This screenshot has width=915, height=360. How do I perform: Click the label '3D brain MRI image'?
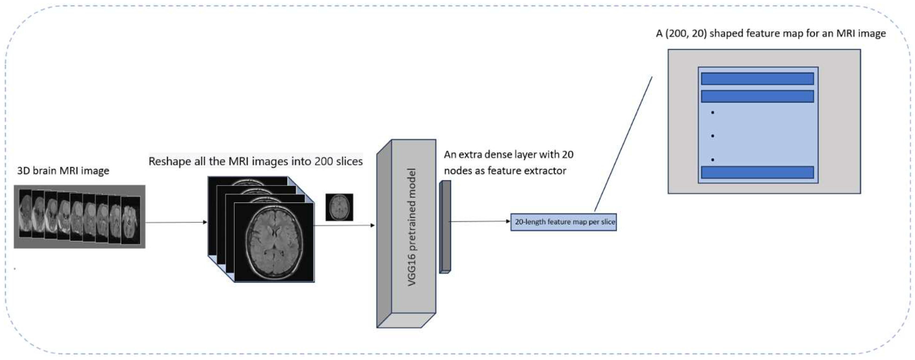63,171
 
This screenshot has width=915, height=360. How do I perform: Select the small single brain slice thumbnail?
339,207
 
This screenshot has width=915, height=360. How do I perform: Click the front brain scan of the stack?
274,242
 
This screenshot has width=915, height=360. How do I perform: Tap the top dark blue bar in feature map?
757,79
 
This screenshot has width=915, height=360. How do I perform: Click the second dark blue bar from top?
757,96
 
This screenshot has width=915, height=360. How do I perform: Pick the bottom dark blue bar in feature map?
757,172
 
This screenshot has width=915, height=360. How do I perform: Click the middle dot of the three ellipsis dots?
712,136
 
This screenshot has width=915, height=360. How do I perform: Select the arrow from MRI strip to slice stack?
176,222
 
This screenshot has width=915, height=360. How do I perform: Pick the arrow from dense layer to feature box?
479,222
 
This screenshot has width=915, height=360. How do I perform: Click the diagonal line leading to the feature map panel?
623,144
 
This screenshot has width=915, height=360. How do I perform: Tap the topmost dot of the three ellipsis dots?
712,113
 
